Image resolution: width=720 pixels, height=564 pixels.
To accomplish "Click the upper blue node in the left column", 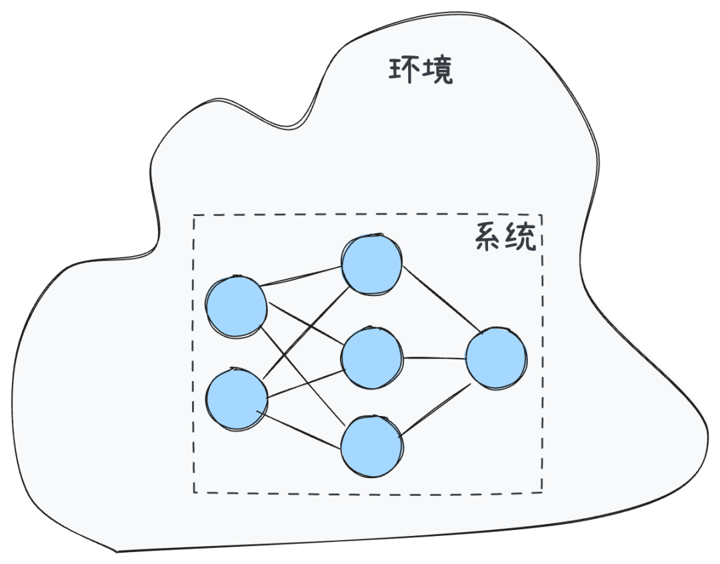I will [236, 307].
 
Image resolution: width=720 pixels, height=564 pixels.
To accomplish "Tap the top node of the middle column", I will [371, 264].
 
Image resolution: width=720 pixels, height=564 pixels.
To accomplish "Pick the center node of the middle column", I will [371, 358].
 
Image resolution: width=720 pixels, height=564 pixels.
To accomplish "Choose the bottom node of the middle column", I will [371, 447].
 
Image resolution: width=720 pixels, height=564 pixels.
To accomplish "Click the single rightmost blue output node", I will [495, 359].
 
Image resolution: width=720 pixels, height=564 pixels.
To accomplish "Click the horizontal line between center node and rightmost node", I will [433, 358].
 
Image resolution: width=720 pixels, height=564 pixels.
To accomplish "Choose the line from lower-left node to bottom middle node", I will [303, 429].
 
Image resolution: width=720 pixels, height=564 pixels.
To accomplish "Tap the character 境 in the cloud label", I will [437, 71].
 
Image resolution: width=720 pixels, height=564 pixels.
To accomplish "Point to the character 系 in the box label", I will [489, 237].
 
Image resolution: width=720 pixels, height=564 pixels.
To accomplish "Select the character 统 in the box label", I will [521, 237].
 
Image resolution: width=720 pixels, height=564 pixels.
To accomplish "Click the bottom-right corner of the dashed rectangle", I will [541, 492].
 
